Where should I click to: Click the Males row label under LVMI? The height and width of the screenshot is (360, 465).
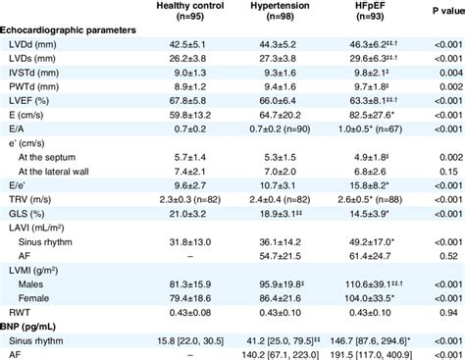tap(38, 283)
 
